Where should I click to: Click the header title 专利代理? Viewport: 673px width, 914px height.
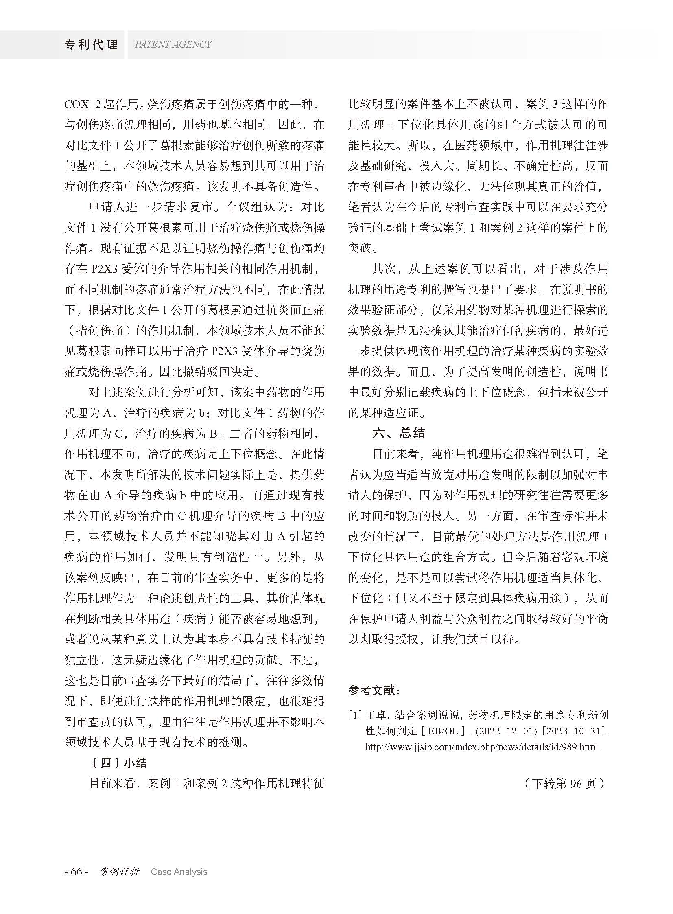tap(91, 44)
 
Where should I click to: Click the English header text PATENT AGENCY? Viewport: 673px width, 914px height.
tap(173, 44)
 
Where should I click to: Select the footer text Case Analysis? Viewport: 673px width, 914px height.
tap(179, 872)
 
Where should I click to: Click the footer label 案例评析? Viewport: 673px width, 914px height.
tap(119, 872)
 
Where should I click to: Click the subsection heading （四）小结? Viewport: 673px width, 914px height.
tap(118, 763)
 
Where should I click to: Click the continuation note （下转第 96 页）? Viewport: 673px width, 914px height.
tap(564, 784)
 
